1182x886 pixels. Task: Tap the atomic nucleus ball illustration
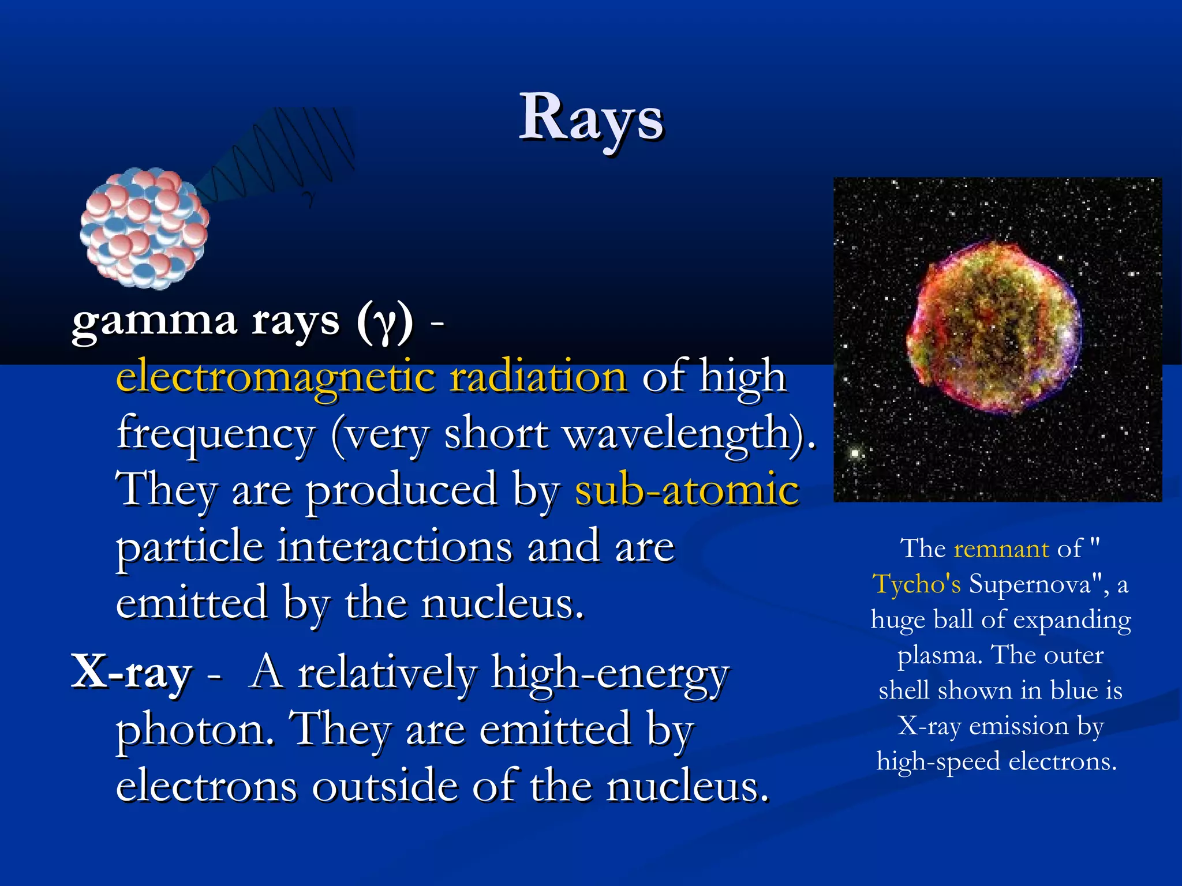[x=144, y=227]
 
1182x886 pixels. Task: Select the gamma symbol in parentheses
[x=384, y=323]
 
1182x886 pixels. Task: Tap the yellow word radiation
[x=538, y=377]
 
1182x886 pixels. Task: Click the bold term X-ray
[x=132, y=673]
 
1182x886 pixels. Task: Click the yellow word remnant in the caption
[x=1001, y=549]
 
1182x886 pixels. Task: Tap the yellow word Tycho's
[x=916, y=584]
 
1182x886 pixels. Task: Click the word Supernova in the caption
[x=1030, y=584]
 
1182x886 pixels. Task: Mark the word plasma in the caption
[x=938, y=656]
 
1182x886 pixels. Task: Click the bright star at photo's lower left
[x=855, y=453]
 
